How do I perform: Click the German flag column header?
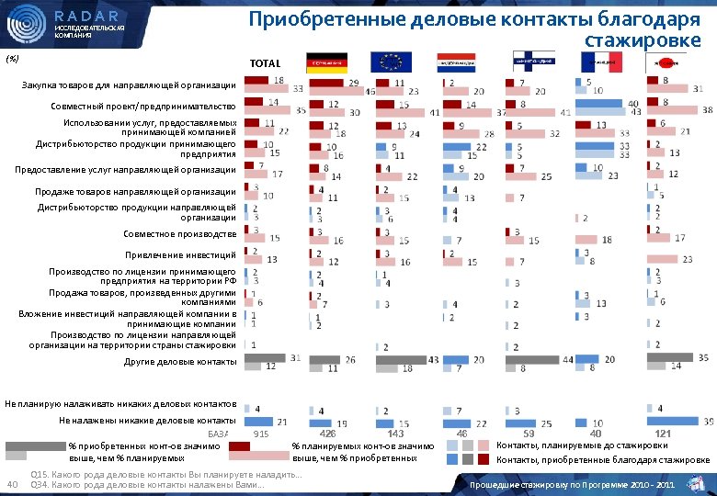(326, 62)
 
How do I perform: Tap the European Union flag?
(391, 62)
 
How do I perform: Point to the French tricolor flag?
(601, 62)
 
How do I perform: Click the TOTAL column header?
(265, 63)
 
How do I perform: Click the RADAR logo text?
(86, 16)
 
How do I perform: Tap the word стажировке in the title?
(643, 39)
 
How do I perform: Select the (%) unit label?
(12, 57)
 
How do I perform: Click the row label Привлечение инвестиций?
(181, 254)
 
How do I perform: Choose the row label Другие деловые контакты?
(180, 361)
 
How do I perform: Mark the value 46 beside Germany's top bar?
(370, 91)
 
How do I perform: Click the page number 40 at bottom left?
(12, 484)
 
